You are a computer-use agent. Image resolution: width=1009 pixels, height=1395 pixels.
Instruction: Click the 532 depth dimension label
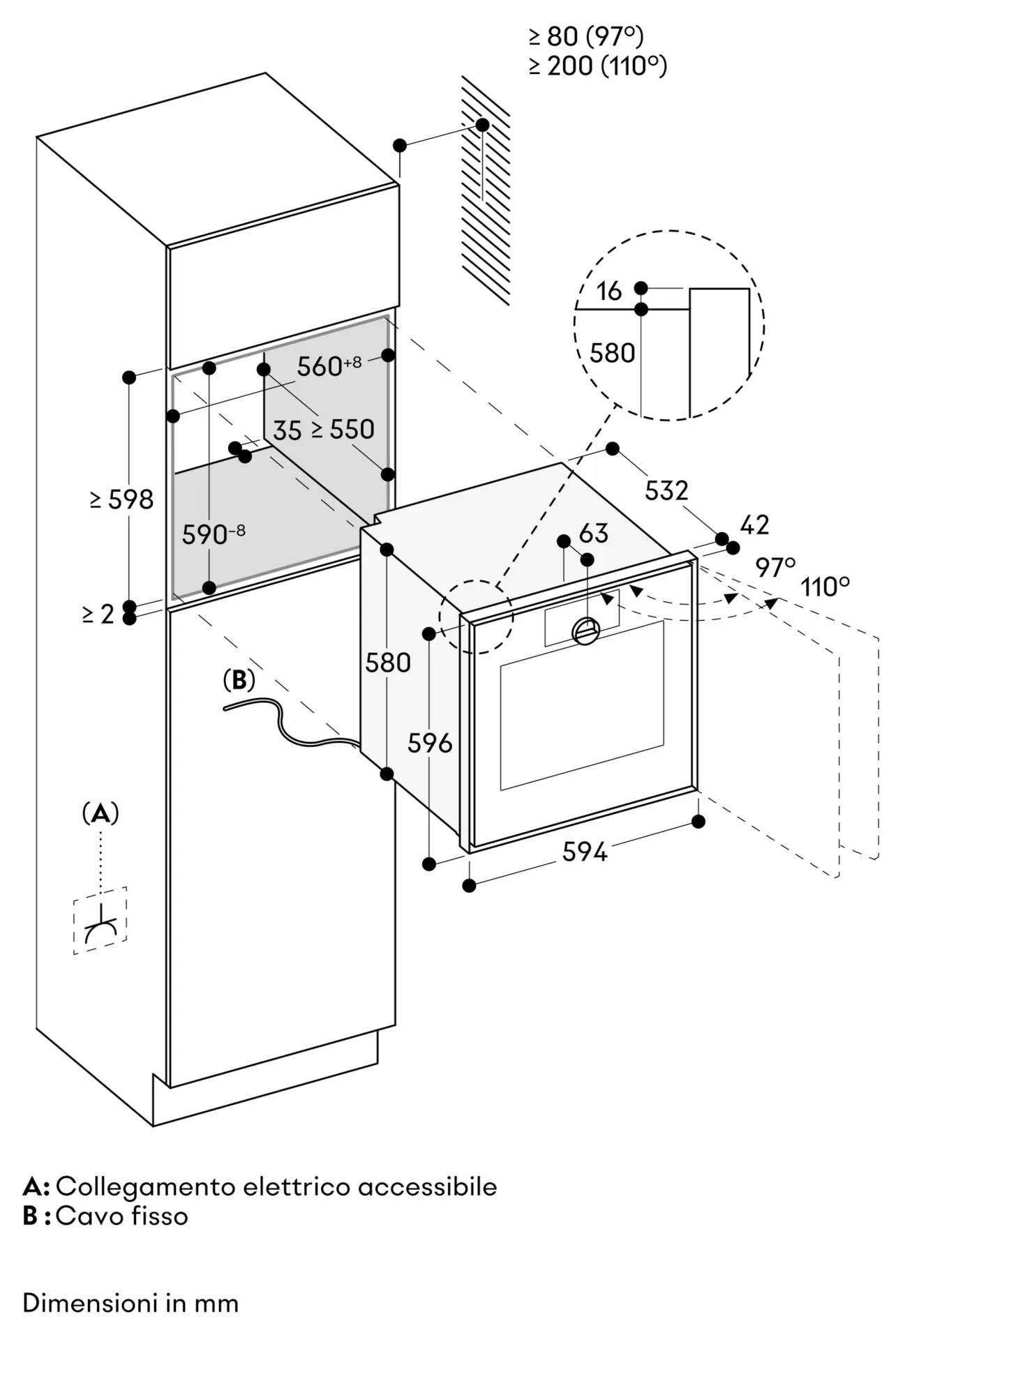(666, 490)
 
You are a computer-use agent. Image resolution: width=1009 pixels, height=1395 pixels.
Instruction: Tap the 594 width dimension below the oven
(585, 852)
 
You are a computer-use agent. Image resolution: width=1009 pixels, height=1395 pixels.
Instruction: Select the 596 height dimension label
(430, 744)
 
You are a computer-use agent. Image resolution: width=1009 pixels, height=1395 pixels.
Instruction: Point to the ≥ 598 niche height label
(121, 499)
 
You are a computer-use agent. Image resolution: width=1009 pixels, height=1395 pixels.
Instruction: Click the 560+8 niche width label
(329, 365)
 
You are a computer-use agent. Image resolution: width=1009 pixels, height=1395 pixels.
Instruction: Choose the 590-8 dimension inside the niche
(214, 534)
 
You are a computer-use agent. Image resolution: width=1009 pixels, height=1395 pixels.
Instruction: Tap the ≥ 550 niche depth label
(343, 430)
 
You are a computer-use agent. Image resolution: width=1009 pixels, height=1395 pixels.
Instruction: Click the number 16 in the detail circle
(608, 292)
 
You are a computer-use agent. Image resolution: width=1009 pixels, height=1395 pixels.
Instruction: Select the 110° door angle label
(825, 587)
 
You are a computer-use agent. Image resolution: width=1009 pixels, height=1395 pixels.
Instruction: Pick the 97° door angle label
(775, 568)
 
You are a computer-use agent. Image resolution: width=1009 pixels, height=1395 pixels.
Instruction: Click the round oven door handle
(585, 631)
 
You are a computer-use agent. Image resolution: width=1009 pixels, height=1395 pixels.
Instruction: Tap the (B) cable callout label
(239, 680)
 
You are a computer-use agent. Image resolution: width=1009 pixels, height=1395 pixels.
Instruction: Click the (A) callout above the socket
(100, 813)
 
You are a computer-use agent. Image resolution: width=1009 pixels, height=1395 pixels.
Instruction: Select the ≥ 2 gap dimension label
(98, 614)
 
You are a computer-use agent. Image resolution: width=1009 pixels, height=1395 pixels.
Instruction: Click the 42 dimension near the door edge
(754, 525)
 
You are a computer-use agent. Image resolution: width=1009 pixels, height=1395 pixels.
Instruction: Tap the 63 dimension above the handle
(594, 534)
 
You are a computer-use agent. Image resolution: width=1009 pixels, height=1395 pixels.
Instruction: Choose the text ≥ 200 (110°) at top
(597, 66)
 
